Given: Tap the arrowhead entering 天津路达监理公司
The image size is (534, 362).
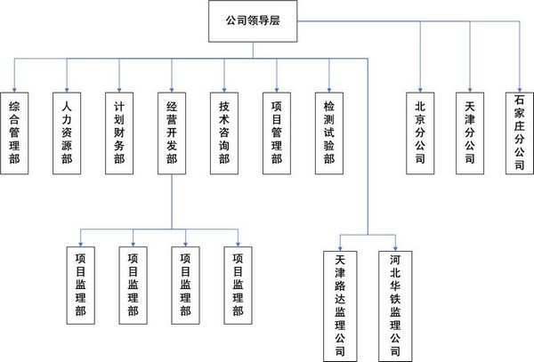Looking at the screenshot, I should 340,248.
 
